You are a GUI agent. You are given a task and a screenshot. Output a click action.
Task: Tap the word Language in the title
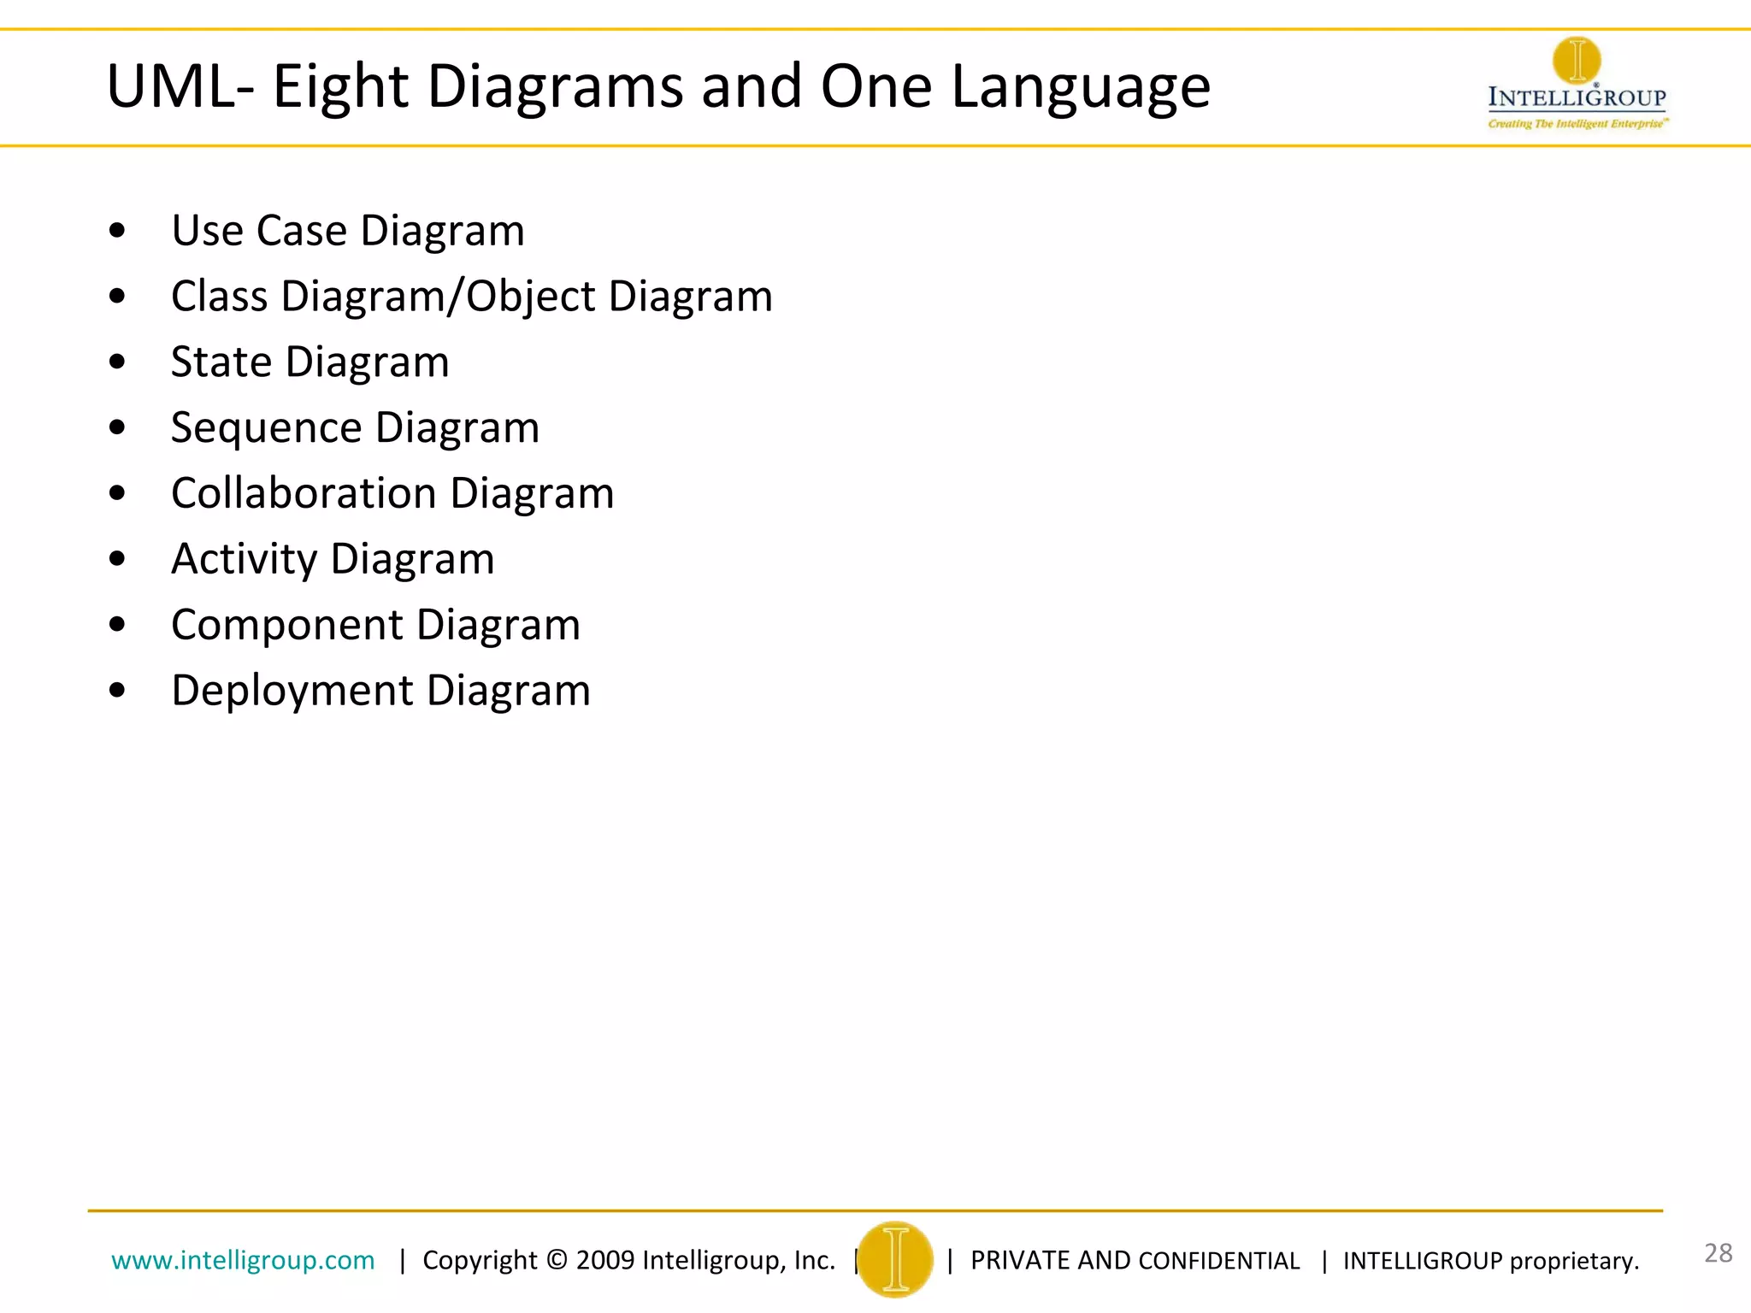[1081, 89]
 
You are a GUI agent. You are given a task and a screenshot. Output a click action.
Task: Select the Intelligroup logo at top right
[1577, 84]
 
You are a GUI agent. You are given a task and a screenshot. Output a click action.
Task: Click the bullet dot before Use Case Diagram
[118, 231]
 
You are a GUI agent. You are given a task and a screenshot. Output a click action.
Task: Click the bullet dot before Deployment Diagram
[118, 691]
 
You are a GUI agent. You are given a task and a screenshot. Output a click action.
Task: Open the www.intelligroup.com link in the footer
[243, 1260]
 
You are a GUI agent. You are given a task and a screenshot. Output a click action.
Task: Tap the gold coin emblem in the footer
[895, 1259]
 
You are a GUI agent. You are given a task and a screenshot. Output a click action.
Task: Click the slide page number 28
[1718, 1253]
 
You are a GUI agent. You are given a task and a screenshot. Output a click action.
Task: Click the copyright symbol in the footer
[557, 1260]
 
